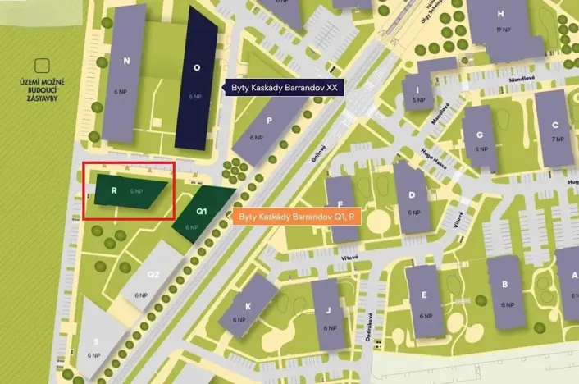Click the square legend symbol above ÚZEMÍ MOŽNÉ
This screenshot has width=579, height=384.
(41, 65)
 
